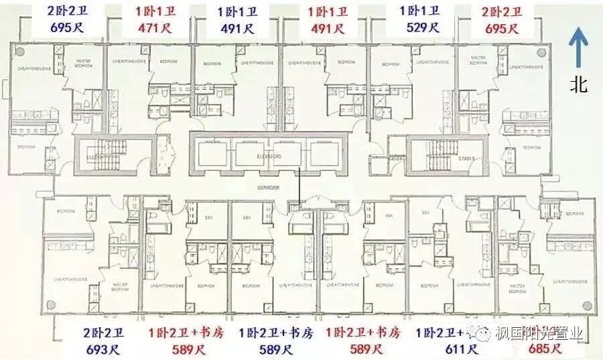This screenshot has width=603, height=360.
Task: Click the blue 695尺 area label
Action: tap(69, 27)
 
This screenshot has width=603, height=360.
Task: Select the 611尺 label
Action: tap(461, 349)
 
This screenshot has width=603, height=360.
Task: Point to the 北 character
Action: tap(579, 84)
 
